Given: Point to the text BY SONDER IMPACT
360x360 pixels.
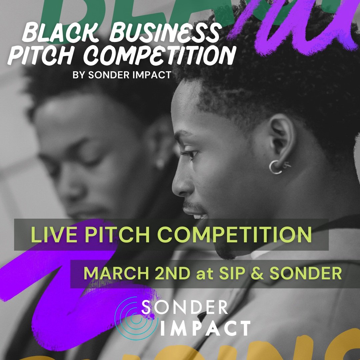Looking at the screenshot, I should pos(122,75).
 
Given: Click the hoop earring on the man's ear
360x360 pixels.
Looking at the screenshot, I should pos(276,167).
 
